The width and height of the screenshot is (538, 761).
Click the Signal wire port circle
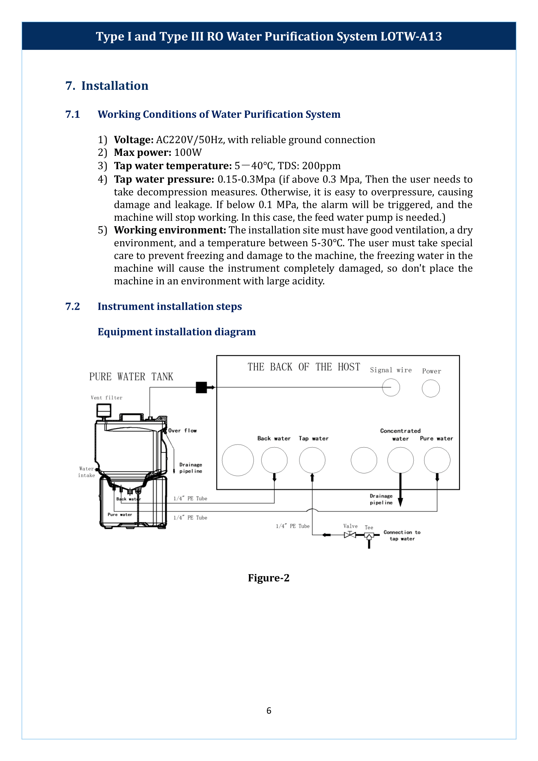[391, 387]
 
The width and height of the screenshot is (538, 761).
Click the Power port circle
[431, 388]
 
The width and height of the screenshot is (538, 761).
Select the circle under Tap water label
[312, 460]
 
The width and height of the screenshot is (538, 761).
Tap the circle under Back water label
[274, 460]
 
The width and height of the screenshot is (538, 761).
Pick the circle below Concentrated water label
[400, 460]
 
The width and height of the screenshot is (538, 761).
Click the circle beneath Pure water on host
[437, 460]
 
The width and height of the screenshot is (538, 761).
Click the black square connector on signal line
[201, 387]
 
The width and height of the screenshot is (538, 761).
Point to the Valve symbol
[350, 535]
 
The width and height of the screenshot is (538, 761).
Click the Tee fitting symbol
[369, 535]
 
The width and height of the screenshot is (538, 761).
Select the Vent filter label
[106, 398]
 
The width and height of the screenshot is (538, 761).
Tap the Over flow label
[182, 430]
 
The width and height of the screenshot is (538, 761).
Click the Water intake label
[87, 472]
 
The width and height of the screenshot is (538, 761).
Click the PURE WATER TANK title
[131, 377]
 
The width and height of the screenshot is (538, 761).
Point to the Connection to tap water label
[402, 535]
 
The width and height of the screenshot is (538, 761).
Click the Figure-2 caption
[269, 578]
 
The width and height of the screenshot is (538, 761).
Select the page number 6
[269, 711]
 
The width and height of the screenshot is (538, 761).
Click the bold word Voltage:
[133, 140]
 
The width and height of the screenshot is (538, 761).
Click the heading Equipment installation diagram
[177, 332]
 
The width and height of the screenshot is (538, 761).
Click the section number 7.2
[73, 306]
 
